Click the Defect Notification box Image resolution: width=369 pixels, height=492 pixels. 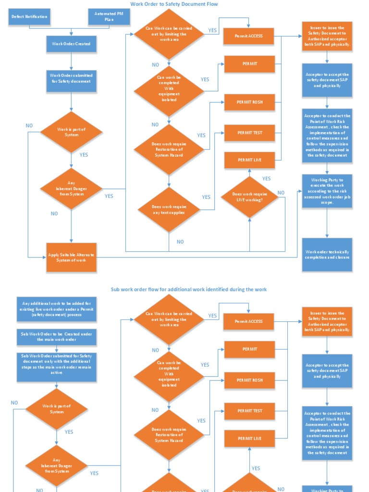[x=30, y=17]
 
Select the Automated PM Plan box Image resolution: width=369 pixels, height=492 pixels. [x=109, y=17]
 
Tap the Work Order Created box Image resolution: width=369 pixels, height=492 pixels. [x=71, y=44]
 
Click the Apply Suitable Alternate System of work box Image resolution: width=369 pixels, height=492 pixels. [x=71, y=257]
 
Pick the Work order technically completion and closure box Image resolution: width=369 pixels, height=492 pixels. [x=327, y=255]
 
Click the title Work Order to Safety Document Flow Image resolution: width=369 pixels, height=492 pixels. [x=174, y=4]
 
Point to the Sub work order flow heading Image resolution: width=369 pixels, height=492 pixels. [x=188, y=289]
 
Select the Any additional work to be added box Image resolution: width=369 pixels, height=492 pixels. [x=57, y=309]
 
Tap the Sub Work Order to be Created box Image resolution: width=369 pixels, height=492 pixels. [x=57, y=336]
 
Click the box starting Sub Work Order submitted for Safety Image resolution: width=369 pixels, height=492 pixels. [x=57, y=367]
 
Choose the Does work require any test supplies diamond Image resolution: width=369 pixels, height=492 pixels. [x=169, y=209]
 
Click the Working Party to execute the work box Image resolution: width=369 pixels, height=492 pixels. [x=327, y=191]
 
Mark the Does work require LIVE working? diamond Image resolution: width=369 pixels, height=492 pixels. [x=249, y=197]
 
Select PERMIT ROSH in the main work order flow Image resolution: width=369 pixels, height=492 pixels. [x=249, y=102]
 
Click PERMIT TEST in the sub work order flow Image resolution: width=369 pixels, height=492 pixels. [x=249, y=411]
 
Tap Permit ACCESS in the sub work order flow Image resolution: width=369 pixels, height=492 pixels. [x=249, y=321]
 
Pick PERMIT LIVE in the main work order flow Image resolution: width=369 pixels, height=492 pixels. [x=249, y=160]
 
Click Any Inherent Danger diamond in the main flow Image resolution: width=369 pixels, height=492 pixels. [x=71, y=188]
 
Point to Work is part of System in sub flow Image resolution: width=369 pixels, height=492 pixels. [x=57, y=409]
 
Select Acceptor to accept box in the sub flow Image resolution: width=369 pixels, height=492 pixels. [x=327, y=371]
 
